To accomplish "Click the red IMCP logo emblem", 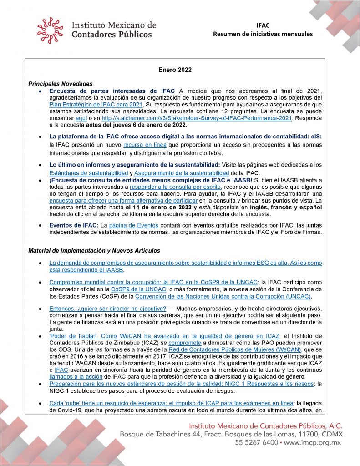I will click(51, 30).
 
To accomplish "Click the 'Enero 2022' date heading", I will click(175, 70).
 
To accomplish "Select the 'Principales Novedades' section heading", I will click(61, 84).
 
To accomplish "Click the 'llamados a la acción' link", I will click(75, 377).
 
